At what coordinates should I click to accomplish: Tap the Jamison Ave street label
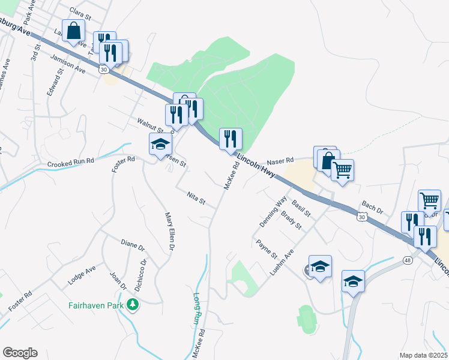coord(68,62)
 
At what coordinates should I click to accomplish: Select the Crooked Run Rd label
coord(71,163)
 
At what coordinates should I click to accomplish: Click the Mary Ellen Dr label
coord(171,231)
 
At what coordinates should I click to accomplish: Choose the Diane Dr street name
coord(133,246)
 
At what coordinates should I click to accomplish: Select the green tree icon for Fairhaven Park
coord(133,305)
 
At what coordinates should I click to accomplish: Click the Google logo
coord(20,353)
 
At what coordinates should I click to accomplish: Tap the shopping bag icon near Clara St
coord(74,31)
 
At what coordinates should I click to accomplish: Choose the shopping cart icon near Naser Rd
coord(342,169)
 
